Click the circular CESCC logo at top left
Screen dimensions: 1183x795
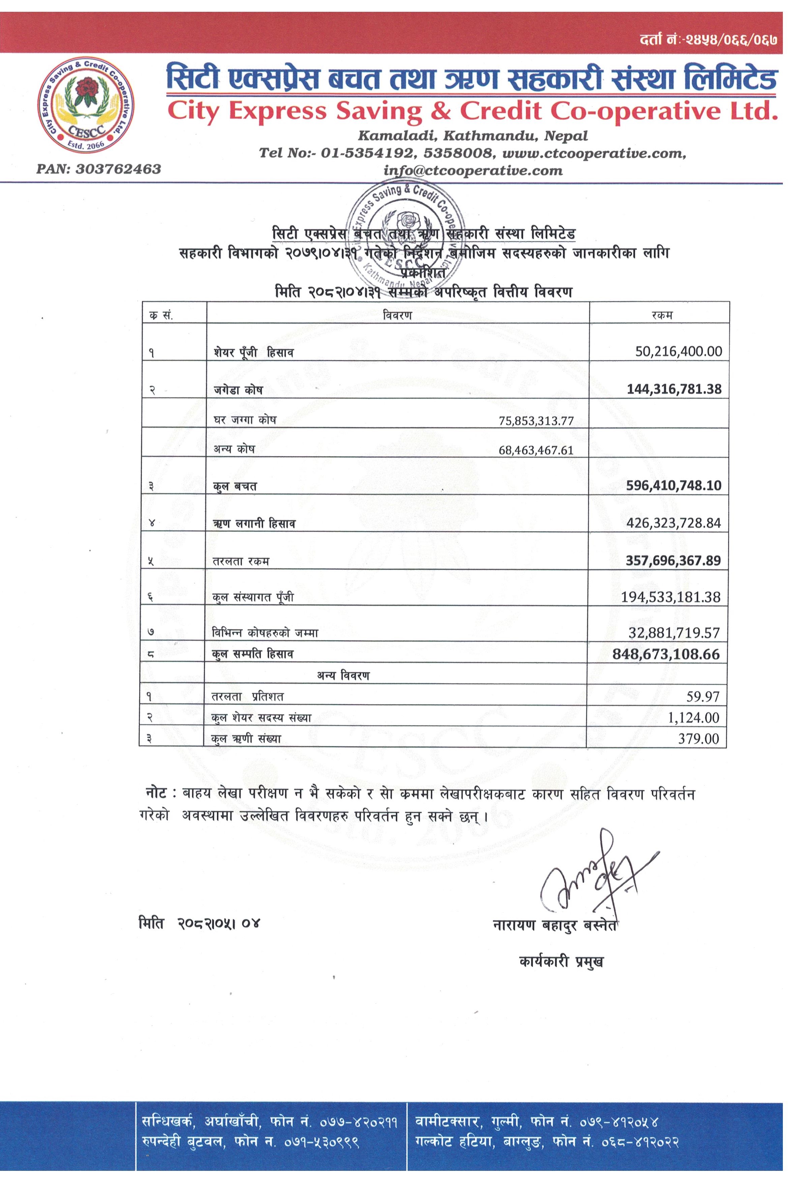click(x=86, y=105)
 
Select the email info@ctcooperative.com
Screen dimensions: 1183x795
click(x=472, y=171)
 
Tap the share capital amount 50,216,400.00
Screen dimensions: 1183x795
click(x=678, y=351)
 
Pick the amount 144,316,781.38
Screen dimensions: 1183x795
click(x=674, y=389)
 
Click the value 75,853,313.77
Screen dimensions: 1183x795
click(x=536, y=421)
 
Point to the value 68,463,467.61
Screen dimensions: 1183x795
click(x=536, y=450)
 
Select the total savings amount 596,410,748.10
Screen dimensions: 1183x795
click(x=673, y=485)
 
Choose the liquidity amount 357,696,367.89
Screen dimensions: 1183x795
click(x=673, y=561)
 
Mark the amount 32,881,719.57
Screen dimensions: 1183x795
click(x=674, y=632)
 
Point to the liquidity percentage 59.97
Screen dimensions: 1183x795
click(x=703, y=697)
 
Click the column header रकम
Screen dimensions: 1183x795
click(x=662, y=315)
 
